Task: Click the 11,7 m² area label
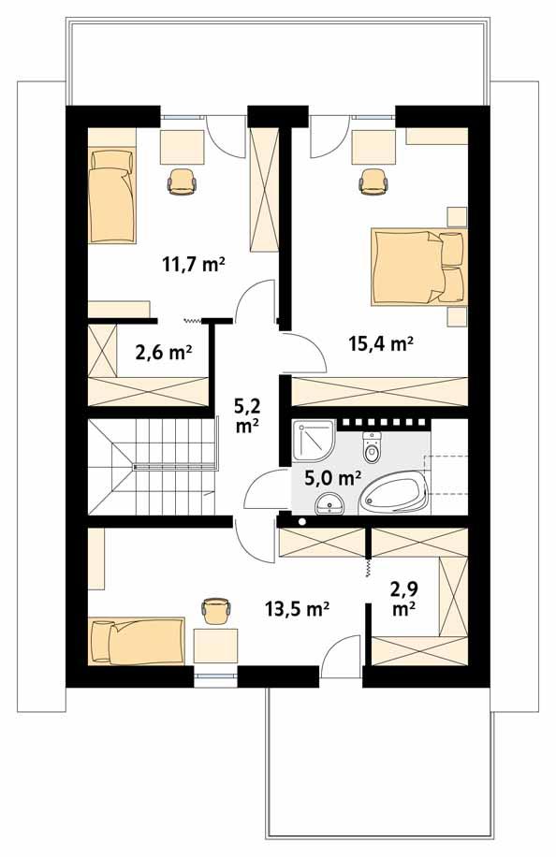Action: pyautogui.click(x=194, y=265)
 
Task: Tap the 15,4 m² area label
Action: pyautogui.click(x=381, y=343)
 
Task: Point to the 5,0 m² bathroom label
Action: pyautogui.click(x=333, y=478)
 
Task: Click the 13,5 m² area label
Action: pyautogui.click(x=298, y=610)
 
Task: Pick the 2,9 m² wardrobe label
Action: pyautogui.click(x=404, y=599)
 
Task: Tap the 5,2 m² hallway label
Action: pyautogui.click(x=247, y=415)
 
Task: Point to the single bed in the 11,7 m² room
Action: pyautogui.click(x=112, y=194)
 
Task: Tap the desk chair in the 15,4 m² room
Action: pyautogui.click(x=374, y=180)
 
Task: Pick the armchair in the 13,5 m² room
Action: pyautogui.click(x=216, y=609)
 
